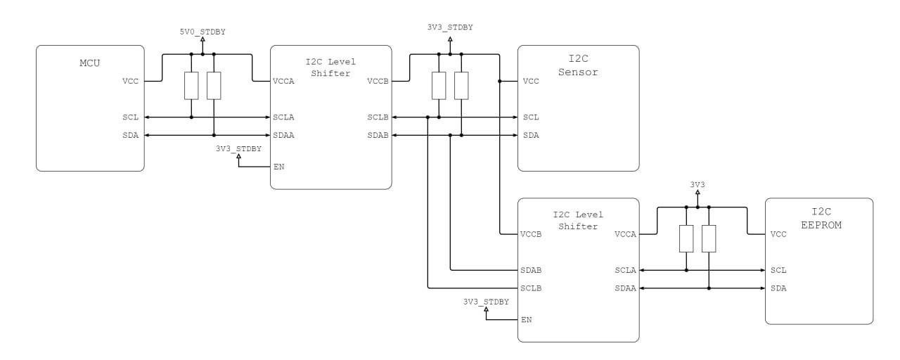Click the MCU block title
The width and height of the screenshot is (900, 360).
click(x=89, y=63)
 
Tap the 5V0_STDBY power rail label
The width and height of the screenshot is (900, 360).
click(x=202, y=32)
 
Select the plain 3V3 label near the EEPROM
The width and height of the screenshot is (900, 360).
click(x=697, y=184)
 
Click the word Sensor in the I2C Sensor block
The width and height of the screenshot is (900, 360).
click(x=578, y=72)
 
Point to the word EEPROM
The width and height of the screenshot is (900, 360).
click(x=821, y=225)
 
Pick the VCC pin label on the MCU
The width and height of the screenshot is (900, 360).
click(x=130, y=81)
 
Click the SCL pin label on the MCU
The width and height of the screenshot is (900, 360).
click(x=130, y=117)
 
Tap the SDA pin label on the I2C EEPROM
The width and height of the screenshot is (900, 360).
click(x=778, y=288)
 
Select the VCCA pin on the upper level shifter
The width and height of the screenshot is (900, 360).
click(x=283, y=81)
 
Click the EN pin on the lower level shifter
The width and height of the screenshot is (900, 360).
click(x=527, y=320)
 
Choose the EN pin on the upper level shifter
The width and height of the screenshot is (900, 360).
click(x=279, y=167)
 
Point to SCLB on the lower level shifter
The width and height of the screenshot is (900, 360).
click(x=531, y=288)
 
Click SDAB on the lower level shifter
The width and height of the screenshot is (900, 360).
click(x=531, y=271)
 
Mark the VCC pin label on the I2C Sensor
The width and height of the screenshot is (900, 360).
click(x=531, y=81)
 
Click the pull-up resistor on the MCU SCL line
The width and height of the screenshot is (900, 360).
click(x=191, y=86)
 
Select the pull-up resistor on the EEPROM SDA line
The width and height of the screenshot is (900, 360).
click(x=709, y=238)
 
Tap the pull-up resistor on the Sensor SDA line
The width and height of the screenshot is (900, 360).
click(x=461, y=86)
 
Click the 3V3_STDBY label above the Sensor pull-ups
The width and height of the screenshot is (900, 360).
click(x=450, y=27)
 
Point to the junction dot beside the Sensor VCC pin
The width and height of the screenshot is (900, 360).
click(x=499, y=81)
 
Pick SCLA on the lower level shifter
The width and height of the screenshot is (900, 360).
click(x=625, y=271)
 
